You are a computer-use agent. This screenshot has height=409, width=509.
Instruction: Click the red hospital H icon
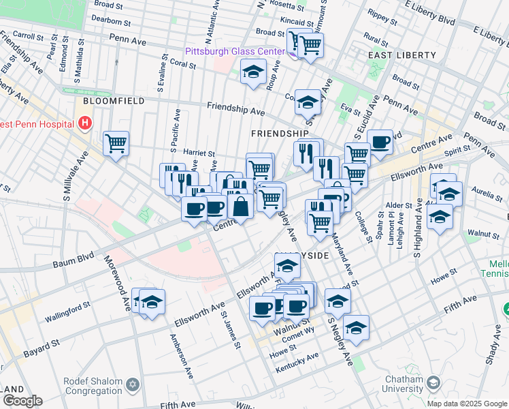tap(85, 123)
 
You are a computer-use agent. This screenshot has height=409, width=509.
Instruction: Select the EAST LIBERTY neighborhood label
tap(401, 55)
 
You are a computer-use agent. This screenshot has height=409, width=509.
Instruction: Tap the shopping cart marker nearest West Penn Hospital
tap(116, 143)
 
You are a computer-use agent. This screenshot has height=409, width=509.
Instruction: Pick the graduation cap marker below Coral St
tap(253, 72)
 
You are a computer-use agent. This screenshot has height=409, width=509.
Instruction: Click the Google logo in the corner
tap(22, 401)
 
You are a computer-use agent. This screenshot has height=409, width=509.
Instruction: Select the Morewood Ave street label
tap(116, 284)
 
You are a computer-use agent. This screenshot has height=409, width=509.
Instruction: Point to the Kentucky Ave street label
tap(297, 363)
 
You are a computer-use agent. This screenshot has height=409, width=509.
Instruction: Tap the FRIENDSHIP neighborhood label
tap(280, 133)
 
